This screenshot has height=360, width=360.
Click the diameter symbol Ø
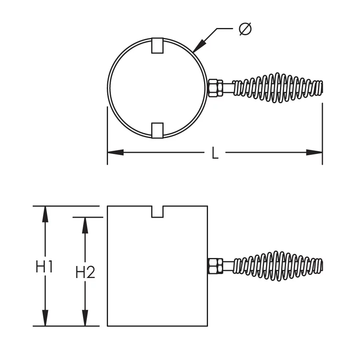coord(246,29)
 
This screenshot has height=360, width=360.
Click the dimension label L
coord(215,153)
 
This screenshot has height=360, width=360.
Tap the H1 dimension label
coord(44,267)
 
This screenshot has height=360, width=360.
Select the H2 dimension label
coord(85,273)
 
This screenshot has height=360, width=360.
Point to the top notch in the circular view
coord(158,45)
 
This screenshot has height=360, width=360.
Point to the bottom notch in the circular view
coord(158,130)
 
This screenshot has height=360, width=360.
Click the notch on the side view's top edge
coord(158,212)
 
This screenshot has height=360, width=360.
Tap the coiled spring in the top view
coord(278,88)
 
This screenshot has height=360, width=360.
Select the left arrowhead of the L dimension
coord(115,152)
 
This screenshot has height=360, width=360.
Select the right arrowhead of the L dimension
coord(315,152)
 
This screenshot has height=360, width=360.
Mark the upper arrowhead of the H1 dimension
coord(45,214)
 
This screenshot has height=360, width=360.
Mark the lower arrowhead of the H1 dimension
coord(45,318)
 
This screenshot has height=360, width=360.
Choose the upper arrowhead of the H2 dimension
coord(85,225)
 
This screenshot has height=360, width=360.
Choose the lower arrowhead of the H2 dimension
coord(85,318)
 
